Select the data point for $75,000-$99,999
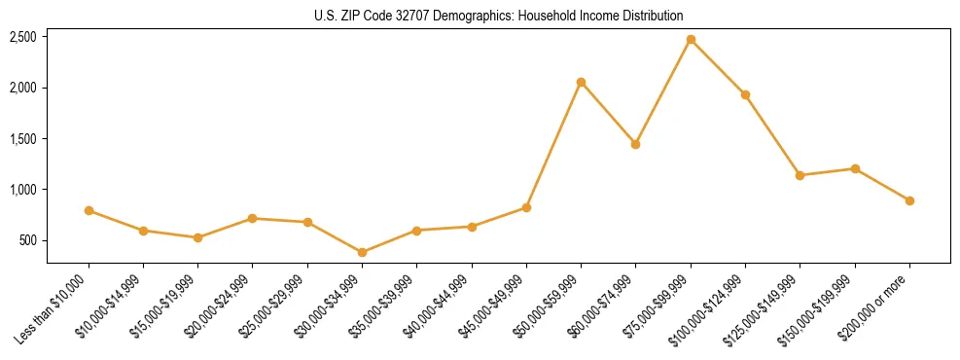[x=691, y=40]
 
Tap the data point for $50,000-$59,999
[x=581, y=83]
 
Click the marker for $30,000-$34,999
[x=362, y=252]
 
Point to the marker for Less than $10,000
[x=89, y=210]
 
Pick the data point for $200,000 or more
[x=909, y=200]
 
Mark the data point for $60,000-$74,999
[x=636, y=144]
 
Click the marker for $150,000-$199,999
[x=855, y=168]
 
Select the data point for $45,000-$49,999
[x=526, y=207]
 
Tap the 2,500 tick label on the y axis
[x=23, y=37]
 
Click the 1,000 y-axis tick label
[x=23, y=190]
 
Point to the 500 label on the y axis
[x=29, y=240]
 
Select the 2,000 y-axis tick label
[x=23, y=88]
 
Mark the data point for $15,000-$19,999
[x=197, y=237]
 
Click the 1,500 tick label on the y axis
[x=23, y=139]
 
